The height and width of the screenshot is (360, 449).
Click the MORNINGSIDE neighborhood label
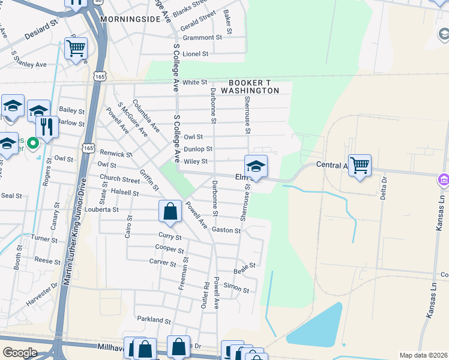coord(130,19)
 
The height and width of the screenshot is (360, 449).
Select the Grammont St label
coord(202,37)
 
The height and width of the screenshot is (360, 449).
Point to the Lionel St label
coord(195,54)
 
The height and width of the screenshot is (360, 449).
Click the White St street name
coord(194,82)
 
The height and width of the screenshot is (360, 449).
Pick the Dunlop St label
coord(197,149)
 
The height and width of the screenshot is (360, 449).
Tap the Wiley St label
coord(196,161)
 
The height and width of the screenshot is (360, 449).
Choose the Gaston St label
coord(228,230)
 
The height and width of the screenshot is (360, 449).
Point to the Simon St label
coord(236,289)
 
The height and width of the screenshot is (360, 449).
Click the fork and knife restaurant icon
coord(46,126)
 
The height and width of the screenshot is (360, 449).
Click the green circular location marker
coord(34,143)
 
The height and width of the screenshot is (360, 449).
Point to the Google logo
coord(20,353)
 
